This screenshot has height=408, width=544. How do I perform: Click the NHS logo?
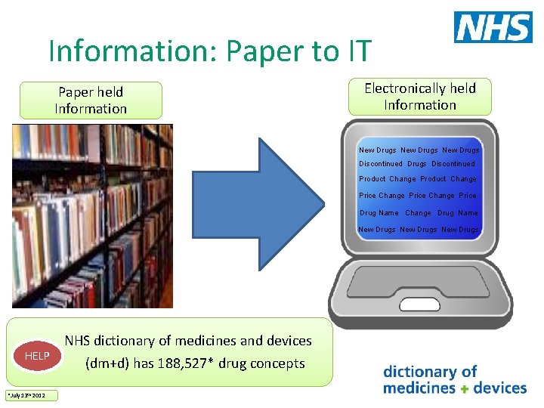[x=493, y=27]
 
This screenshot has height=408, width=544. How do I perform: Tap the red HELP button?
[x=37, y=356]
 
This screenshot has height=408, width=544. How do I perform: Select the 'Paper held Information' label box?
[x=91, y=100]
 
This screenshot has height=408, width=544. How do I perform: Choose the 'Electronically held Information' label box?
[x=420, y=97]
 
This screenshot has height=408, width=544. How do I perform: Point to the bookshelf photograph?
[x=92, y=216]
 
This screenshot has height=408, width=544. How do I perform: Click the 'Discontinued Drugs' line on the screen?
[x=417, y=164]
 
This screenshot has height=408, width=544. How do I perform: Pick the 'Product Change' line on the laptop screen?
[x=418, y=179]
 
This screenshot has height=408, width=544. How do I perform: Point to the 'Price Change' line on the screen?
[x=418, y=196]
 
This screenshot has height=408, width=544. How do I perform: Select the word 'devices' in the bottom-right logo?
[x=499, y=388]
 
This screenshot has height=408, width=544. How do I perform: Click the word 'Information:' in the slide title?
[x=130, y=51]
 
